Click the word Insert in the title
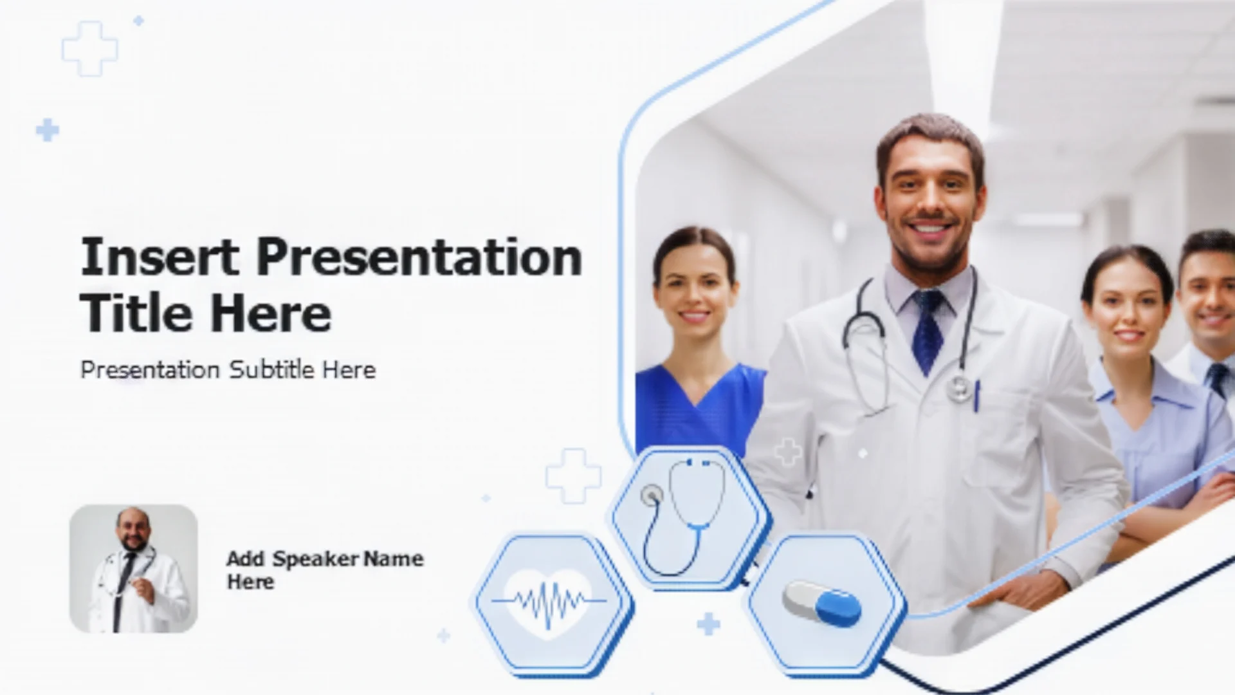pos(160,257)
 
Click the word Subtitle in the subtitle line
pos(272,369)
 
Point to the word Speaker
pos(316,560)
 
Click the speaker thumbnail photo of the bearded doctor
pos(133,568)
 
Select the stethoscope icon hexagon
pos(689,517)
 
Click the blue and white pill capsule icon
pos(821,604)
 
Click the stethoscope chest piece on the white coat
pos(959,388)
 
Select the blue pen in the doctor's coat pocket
pos(976,396)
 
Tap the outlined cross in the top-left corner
pos(90,49)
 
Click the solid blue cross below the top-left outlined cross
pos(48,130)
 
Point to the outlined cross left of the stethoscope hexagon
pos(573,476)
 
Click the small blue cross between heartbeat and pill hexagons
pos(708,624)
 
